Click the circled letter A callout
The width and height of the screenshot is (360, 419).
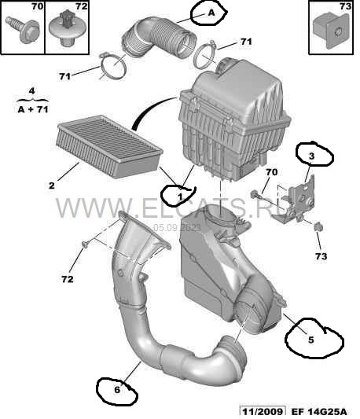pos(211,13)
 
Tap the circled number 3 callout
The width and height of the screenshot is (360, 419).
pos(311,156)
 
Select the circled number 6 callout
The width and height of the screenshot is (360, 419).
pos(117,390)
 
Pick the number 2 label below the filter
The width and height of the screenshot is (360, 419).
pos(52,186)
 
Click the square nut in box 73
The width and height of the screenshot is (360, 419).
pos(332,31)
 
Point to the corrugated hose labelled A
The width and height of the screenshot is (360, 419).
pos(160,38)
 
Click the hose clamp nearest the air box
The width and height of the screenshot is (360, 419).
pos(206,56)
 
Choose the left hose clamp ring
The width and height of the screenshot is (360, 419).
pos(113,66)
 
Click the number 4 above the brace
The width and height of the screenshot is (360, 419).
pos(31,91)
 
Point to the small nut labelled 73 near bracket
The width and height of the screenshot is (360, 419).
pos(318,226)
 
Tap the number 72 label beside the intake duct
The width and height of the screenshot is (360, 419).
pos(67,279)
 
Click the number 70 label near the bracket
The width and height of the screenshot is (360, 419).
pos(271,172)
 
